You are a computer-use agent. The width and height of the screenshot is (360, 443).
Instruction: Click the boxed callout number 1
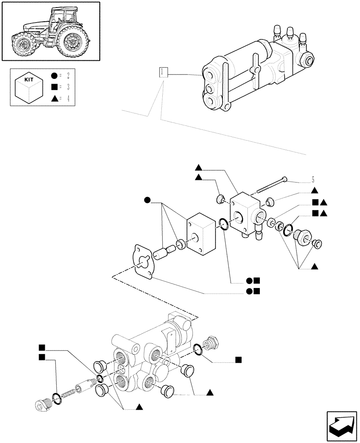164,72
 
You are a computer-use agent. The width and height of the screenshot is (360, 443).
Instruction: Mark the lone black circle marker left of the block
147,202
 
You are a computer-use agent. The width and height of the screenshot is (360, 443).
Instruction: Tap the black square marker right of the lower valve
238,359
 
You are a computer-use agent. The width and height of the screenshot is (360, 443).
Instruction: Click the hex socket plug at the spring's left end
43,404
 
